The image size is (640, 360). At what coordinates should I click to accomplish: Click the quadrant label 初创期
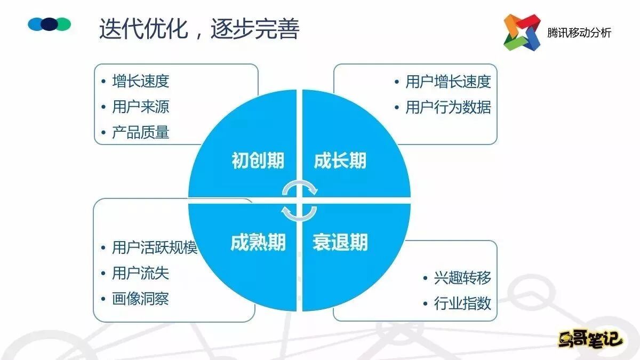coord(258,161)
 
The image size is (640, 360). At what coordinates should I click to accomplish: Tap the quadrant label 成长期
coord(340,161)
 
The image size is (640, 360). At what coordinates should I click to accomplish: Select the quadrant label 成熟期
coord(258,243)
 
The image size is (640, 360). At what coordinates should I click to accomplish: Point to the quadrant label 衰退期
coord(340,243)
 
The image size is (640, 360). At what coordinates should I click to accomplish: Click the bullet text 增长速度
coord(141,81)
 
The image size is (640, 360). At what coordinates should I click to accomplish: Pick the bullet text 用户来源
coord(141,107)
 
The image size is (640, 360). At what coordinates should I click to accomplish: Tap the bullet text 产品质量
coord(141,132)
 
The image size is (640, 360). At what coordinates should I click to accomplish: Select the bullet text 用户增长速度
coord(448,82)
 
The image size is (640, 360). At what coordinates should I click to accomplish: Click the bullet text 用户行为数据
coord(448,107)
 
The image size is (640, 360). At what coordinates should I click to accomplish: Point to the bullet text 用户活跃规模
coord(155,248)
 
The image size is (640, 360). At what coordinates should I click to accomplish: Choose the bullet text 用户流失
coord(141,274)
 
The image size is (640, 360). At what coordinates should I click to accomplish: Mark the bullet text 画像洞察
coord(141,299)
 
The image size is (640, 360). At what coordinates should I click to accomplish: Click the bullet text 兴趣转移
coord(462,278)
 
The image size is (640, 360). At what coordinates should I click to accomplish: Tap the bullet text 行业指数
coord(462,304)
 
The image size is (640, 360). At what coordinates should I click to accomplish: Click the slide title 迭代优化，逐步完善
coord(199,29)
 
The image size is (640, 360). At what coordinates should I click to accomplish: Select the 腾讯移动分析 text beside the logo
coord(579,33)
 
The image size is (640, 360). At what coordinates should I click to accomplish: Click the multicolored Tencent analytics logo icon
coord(522,32)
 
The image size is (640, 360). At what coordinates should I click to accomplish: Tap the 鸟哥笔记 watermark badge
coord(590,339)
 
